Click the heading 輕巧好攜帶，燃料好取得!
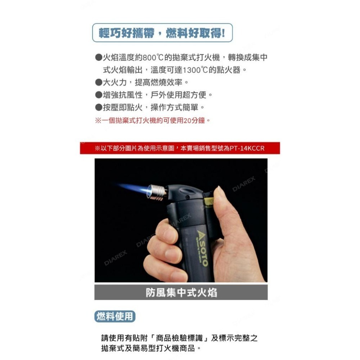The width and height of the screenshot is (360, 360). pos(162,33)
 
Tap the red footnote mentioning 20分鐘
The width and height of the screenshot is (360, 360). pos(153,120)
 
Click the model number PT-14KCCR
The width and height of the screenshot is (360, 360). pos(247,148)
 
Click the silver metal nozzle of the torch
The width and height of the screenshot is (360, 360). pos(157,192)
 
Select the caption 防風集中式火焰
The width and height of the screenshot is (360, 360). pos(181,293)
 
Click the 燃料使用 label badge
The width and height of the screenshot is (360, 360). pos(115,316)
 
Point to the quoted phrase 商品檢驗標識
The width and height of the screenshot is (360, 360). pos(179,338)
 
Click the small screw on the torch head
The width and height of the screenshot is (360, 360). pos(188,197)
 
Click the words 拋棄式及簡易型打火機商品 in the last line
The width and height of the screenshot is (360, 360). pos(148,348)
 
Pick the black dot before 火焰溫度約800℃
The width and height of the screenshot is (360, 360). pos(99,57)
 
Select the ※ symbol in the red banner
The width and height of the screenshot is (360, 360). pos(97,148)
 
